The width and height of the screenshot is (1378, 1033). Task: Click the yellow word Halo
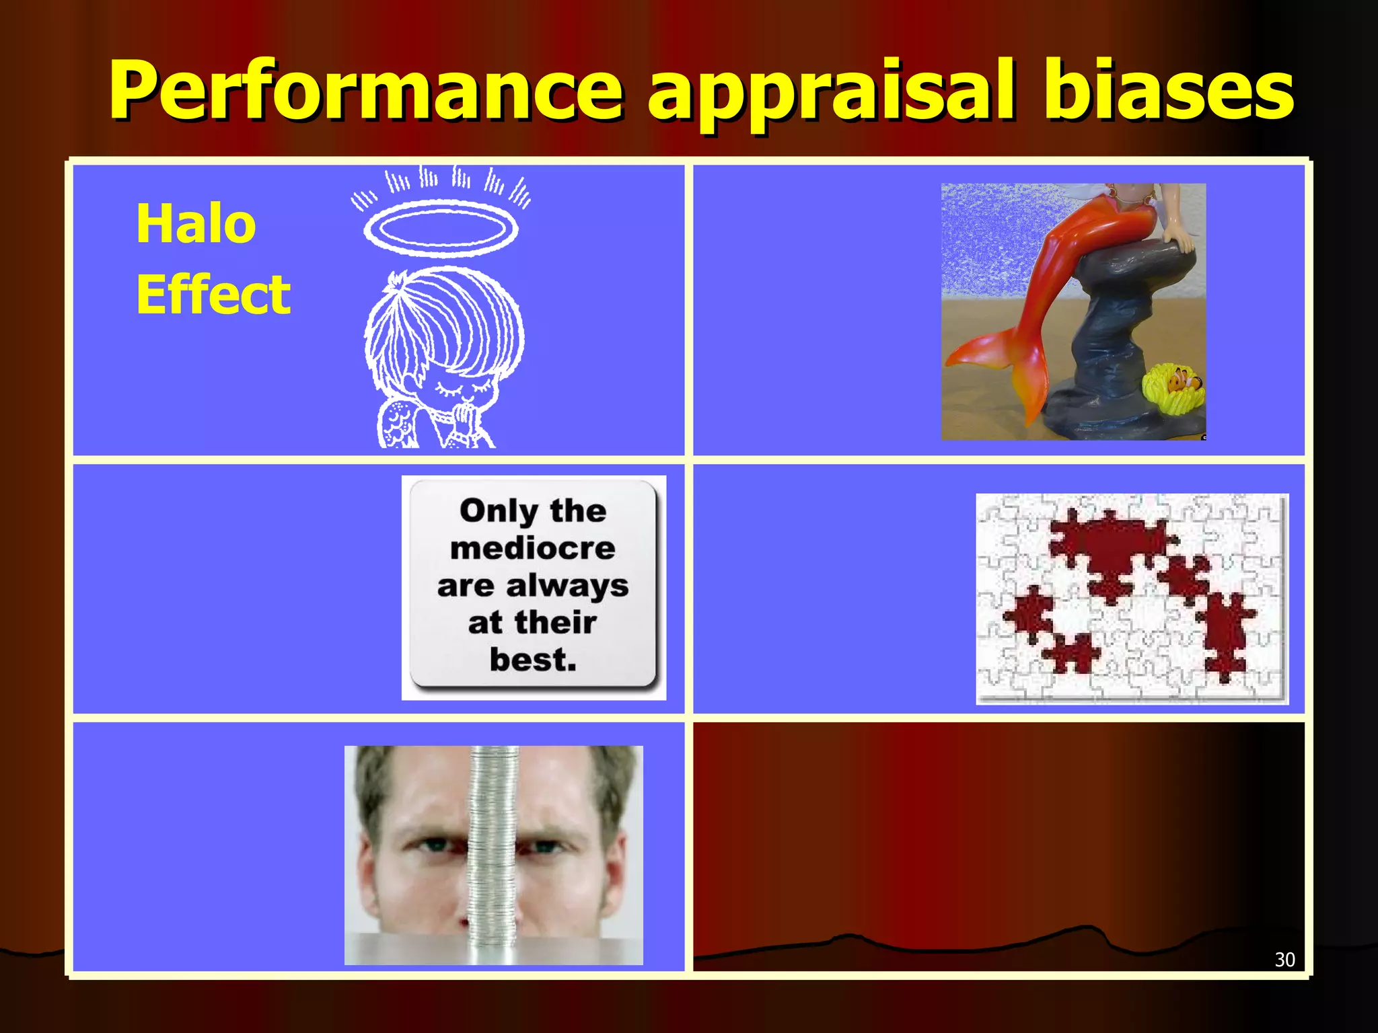tap(196, 223)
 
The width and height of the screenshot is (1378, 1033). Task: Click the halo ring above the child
tap(441, 228)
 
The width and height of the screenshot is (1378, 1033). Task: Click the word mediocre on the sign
tap(533, 548)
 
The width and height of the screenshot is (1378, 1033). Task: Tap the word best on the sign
tap(533, 660)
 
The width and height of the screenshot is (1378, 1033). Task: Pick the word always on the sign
tap(567, 586)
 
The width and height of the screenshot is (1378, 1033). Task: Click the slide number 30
tap(1284, 959)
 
